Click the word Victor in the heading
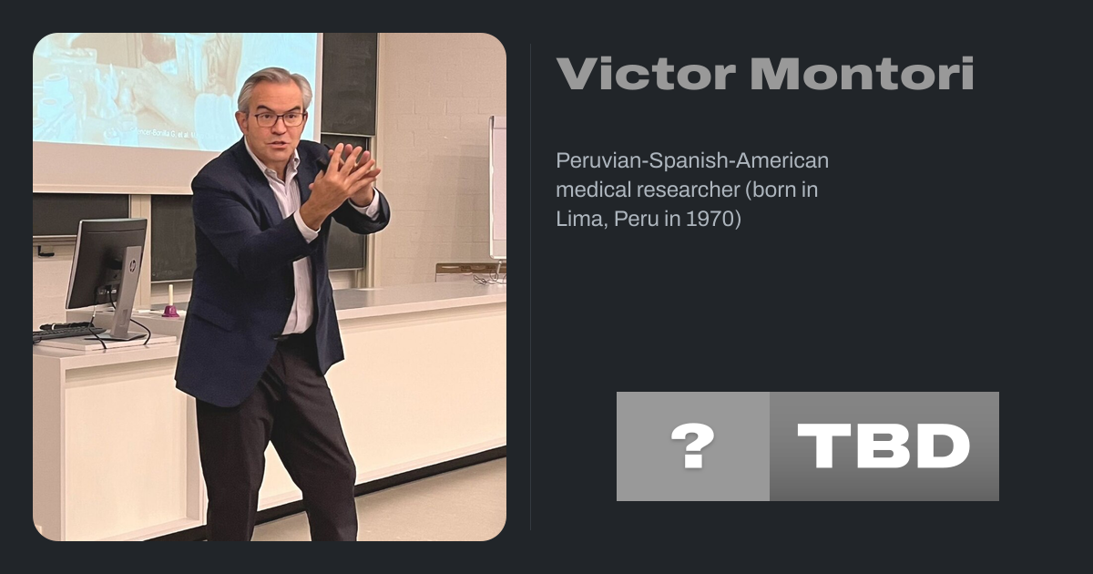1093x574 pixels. coord(646,74)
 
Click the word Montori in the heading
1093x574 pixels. coord(863,74)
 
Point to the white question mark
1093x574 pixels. coord(693,446)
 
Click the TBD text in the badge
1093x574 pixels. coord(884,446)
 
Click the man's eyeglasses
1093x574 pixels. coord(279,119)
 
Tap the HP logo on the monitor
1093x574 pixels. coord(133,266)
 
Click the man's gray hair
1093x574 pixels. coord(274,87)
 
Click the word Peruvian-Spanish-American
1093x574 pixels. coord(692,160)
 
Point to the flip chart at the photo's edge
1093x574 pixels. coord(497,188)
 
